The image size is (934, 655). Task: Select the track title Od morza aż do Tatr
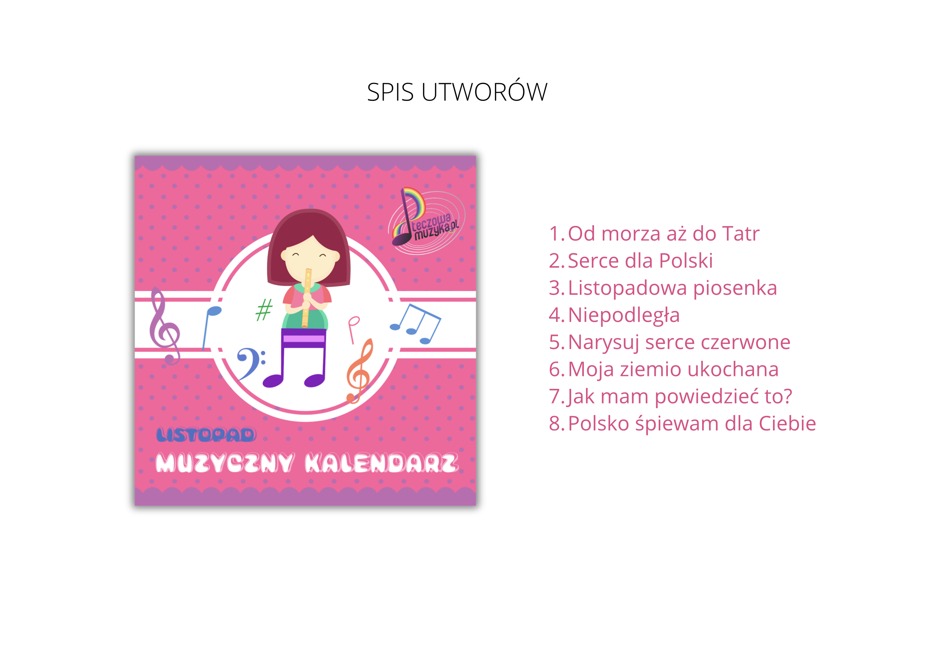664,234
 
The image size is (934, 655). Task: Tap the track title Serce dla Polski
640,260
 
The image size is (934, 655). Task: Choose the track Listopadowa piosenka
673,288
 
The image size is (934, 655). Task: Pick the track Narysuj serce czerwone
679,342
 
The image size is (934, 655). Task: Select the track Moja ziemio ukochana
673,370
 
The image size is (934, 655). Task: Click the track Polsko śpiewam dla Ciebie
692,424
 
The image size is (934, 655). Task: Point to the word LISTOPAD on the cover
206,435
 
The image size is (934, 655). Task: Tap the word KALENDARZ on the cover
382,463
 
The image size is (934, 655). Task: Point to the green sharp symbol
264,310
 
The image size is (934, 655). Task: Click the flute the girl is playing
306,298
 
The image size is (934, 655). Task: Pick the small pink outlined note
353,330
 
